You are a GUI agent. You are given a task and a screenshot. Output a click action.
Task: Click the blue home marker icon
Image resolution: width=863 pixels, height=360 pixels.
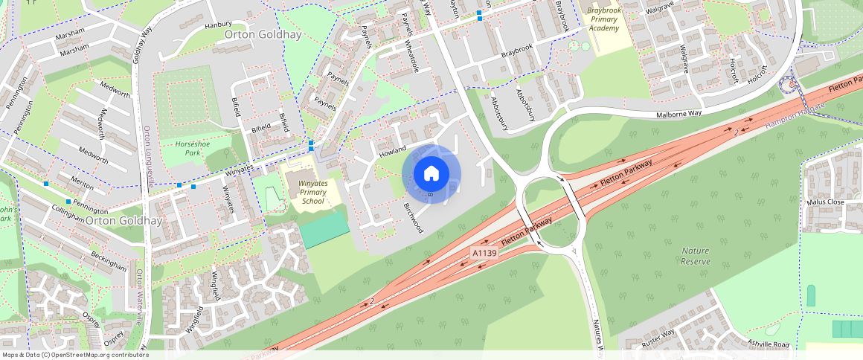[431, 174]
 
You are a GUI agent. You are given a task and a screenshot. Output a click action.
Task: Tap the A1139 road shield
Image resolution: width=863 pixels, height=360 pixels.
[484, 254]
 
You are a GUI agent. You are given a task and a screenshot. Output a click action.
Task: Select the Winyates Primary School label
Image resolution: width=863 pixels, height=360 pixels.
[311, 192]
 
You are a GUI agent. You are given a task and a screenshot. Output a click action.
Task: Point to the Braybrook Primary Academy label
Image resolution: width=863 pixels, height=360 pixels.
[603, 19]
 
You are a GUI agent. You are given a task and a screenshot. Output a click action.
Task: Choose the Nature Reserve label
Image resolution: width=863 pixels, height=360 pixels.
[696, 256]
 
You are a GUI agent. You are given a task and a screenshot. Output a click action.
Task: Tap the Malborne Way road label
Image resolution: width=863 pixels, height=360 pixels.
[679, 115]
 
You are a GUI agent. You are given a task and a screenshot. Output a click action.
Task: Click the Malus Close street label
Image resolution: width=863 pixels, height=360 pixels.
[825, 202]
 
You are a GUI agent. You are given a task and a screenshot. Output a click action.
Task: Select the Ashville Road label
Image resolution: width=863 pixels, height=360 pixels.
[769, 344]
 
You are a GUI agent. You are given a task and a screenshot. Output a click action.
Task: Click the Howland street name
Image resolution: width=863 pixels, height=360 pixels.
[393, 151]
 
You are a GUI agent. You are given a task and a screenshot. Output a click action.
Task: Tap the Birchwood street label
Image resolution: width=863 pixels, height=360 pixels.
[413, 217]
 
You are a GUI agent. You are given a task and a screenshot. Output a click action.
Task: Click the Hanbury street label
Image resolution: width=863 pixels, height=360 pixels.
[218, 25]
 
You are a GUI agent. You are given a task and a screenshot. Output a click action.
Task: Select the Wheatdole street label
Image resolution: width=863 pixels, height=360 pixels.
[411, 55]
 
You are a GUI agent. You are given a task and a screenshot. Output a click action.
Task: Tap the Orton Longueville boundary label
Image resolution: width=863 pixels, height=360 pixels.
[147, 155]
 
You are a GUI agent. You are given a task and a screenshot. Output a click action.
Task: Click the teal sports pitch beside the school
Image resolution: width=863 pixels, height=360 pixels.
[324, 230]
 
